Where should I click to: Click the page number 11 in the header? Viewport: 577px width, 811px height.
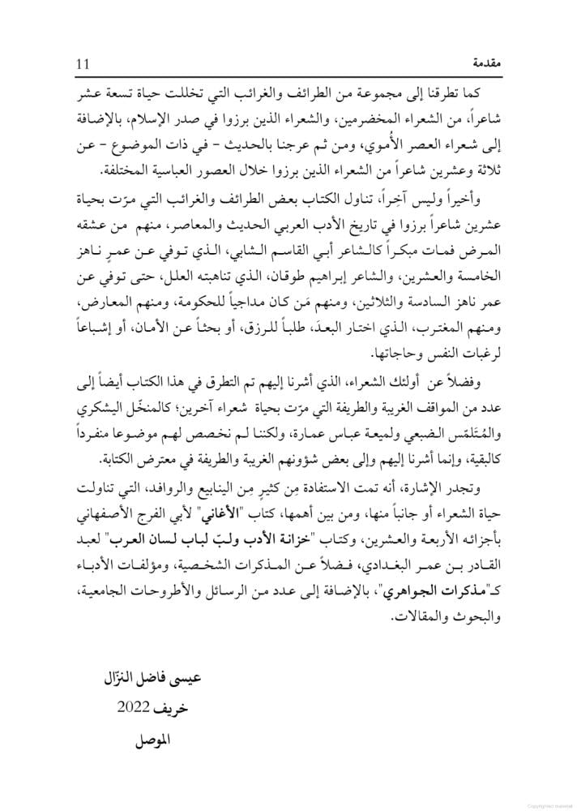[83, 62]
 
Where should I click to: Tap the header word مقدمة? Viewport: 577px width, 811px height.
[480, 62]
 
